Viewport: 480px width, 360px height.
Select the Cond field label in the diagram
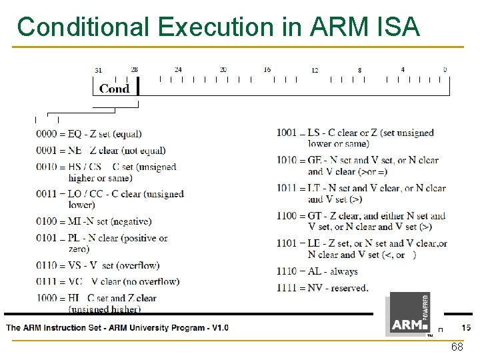point(114,89)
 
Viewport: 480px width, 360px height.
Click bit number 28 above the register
point(135,69)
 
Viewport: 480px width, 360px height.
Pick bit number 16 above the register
point(267,69)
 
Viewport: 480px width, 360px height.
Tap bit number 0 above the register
point(445,69)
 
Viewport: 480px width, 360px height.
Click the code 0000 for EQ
point(47,134)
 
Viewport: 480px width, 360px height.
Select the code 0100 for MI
point(47,221)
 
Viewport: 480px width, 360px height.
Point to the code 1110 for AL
point(287,271)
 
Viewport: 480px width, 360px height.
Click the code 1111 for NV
point(287,288)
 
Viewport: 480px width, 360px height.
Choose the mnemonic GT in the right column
point(315,216)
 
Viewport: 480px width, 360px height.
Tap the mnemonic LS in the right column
point(314,133)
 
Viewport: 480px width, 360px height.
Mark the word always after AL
point(343,271)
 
